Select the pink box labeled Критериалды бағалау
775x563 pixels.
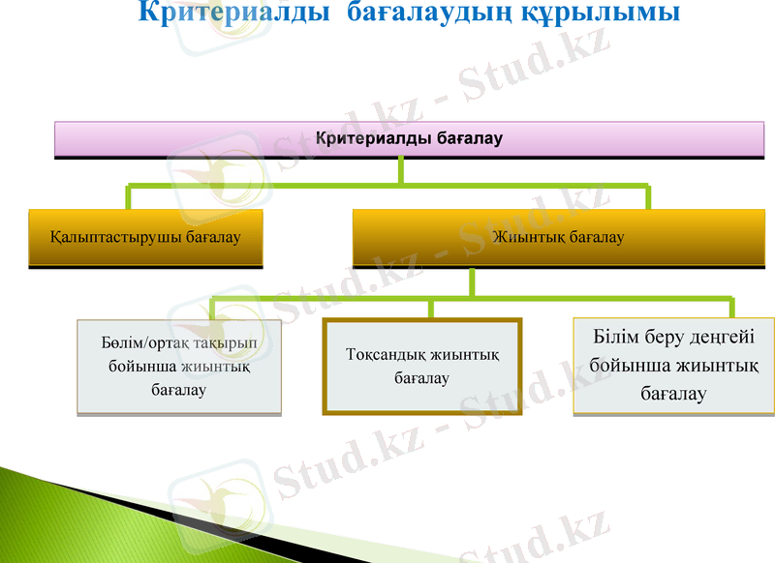409,138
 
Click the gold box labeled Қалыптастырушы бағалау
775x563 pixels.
146,237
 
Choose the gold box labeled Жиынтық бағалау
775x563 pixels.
558,237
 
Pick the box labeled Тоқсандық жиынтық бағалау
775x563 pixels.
422,366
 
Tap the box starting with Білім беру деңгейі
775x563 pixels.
673,366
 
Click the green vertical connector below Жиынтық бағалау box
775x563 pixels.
472,282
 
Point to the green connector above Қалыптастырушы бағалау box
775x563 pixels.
129,195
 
